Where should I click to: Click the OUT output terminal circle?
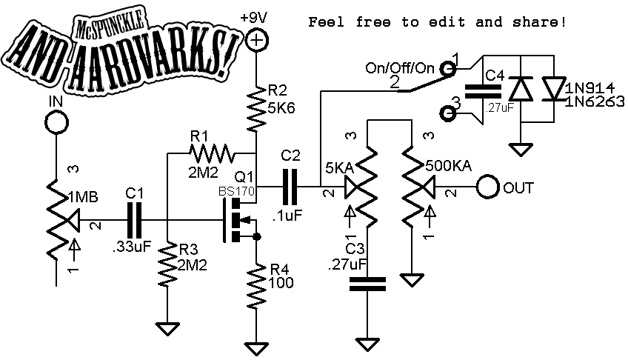pos(487,187)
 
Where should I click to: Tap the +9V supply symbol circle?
pos(256,41)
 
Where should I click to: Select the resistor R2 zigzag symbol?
pos(256,107)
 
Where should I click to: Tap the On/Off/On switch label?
pos(401,68)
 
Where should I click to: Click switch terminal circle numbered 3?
pos(447,113)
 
